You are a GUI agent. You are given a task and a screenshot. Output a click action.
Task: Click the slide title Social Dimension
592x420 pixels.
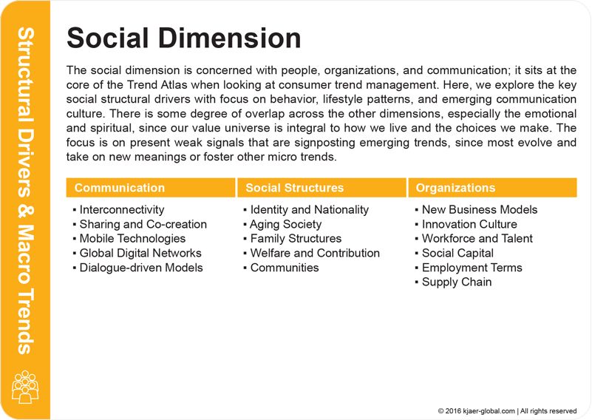(x=183, y=38)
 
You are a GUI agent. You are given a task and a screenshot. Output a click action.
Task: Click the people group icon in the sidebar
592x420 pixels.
(x=25, y=387)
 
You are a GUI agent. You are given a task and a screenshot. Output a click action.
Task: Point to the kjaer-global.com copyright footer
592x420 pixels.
(x=507, y=411)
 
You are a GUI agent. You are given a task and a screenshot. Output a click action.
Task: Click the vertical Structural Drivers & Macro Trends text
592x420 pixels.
(x=25, y=191)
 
